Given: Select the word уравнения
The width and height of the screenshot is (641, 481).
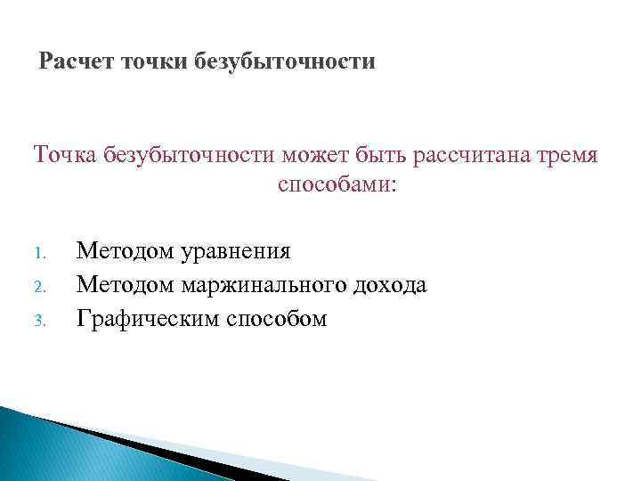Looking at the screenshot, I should pyautogui.click(x=236, y=252).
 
